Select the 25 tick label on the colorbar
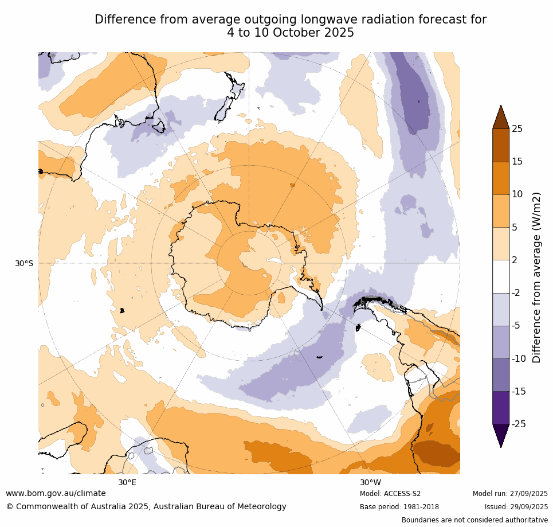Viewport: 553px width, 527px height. [x=517, y=129]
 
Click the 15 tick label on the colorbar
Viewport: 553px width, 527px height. [x=517, y=162]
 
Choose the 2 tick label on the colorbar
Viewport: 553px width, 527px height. [x=515, y=260]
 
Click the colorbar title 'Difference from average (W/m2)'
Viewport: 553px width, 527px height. [x=537, y=277]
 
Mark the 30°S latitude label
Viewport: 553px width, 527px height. [x=24, y=264]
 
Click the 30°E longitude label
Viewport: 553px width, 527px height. [x=127, y=482]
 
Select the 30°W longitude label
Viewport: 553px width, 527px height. [x=370, y=482]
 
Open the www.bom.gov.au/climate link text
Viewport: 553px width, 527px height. [x=56, y=493]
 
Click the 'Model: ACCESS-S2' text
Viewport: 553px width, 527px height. [x=390, y=494]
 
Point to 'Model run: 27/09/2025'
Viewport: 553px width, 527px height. [x=510, y=494]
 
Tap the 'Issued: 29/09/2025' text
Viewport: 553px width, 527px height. [x=516, y=507]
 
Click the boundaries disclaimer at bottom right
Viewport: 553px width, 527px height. [x=474, y=520]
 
